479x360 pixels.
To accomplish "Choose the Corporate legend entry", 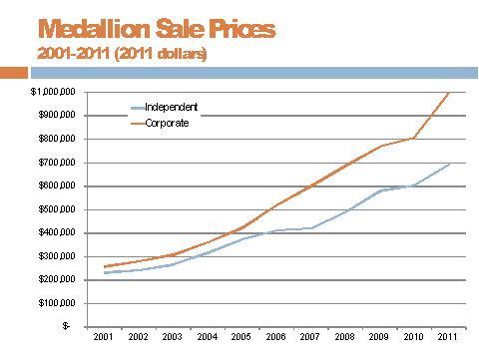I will (167, 123).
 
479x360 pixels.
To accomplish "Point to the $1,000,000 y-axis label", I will (49, 92).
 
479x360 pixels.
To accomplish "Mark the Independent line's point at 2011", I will (448, 164).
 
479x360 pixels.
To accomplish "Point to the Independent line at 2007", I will (310, 227).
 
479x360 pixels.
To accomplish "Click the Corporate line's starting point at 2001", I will (103, 266).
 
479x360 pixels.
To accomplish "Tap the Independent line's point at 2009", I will (379, 190).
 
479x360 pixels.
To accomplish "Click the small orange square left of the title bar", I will (13, 72).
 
